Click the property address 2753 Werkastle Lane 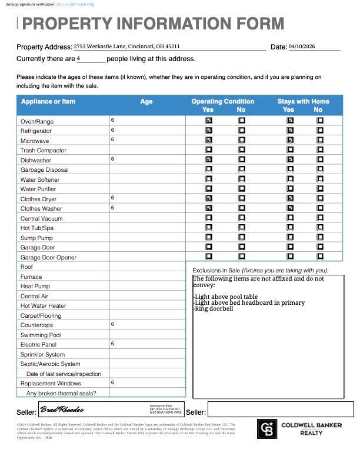(126, 46)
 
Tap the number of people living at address (79, 58)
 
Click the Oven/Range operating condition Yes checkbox (209, 121)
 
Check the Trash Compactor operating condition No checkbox (242, 150)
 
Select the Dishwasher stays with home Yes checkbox (289, 159)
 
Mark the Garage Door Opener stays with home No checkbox (320, 257)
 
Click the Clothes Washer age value (112, 208)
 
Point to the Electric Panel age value (112, 344)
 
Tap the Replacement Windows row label (51, 383)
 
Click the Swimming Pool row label (41, 335)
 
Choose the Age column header (146, 102)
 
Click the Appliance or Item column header (48, 102)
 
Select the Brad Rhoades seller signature (62, 410)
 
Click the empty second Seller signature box (280, 410)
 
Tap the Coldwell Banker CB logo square (267, 428)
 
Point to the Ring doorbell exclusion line (213, 308)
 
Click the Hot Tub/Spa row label (37, 228)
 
